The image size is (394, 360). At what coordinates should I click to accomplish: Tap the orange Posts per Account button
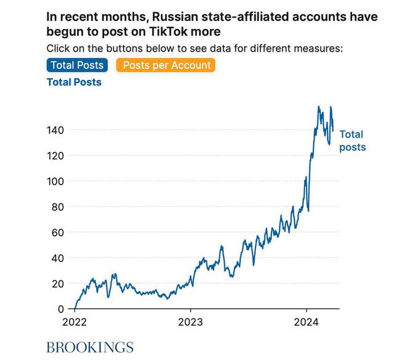tap(166, 65)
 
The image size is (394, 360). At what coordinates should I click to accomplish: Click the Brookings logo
tap(90, 346)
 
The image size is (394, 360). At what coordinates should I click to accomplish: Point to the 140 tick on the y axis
tap(55, 130)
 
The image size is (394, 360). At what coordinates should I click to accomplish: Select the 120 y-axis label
tap(55, 156)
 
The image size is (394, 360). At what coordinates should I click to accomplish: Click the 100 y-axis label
tap(55, 182)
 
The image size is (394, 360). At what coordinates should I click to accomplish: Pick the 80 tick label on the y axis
tap(58, 207)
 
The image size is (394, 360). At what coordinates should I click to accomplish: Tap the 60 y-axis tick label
tap(58, 233)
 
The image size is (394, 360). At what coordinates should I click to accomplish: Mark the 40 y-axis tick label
tap(58, 258)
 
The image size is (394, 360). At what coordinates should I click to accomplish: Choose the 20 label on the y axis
tap(58, 284)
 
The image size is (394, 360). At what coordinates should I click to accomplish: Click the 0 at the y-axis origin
tap(61, 309)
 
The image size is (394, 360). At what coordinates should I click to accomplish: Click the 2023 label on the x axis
tap(190, 321)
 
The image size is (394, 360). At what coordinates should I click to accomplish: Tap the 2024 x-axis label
tap(306, 321)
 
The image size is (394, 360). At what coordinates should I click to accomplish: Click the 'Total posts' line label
tap(352, 140)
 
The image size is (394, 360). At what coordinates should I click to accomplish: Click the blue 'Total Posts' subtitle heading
tap(74, 82)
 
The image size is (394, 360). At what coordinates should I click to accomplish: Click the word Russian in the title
tap(179, 17)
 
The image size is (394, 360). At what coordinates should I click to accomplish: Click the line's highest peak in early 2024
tap(319, 107)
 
